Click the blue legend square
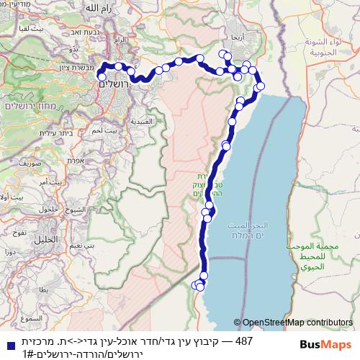tap(6, 346)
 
